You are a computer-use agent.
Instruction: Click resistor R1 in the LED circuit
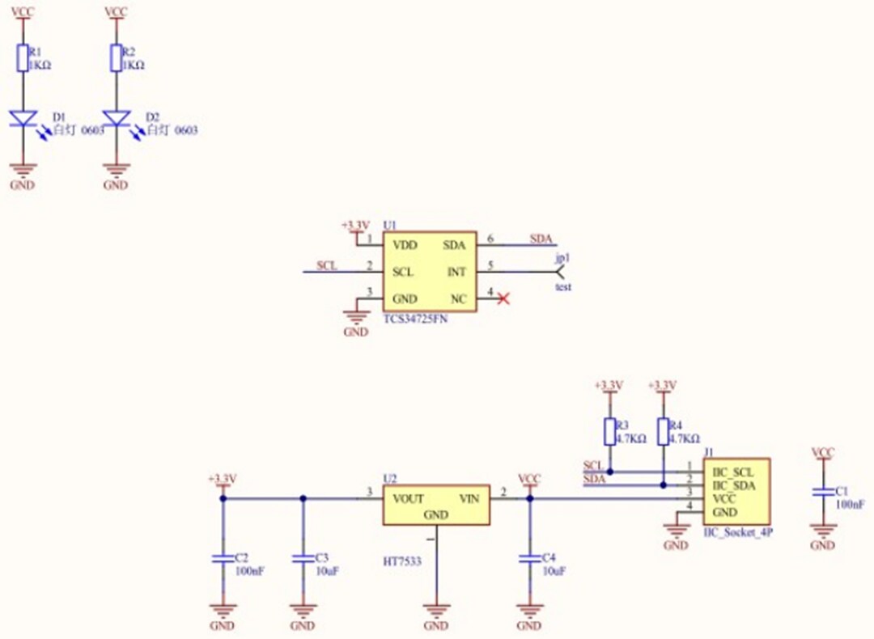pyautogui.click(x=23, y=59)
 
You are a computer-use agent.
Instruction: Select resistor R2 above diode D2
pyautogui.click(x=117, y=59)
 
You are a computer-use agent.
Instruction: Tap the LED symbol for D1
pyautogui.click(x=23, y=119)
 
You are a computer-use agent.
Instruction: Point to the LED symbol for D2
pyautogui.click(x=117, y=119)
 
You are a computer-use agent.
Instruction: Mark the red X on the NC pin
pyautogui.click(x=503, y=299)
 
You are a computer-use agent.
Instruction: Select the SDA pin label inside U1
pyautogui.click(x=454, y=243)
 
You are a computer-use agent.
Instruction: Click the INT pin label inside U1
pyautogui.click(x=456, y=272)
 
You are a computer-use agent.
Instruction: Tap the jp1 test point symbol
pyautogui.click(x=560, y=271)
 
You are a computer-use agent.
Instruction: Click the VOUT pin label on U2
pyautogui.click(x=408, y=498)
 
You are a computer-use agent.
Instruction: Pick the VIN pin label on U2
pyautogui.click(x=469, y=498)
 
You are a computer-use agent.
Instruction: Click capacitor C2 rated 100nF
pyautogui.click(x=222, y=559)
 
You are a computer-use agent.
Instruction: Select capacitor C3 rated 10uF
pyautogui.click(x=303, y=559)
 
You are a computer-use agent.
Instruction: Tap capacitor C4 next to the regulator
pyautogui.click(x=529, y=559)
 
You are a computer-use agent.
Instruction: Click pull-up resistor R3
pyautogui.click(x=609, y=432)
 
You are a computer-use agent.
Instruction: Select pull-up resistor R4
pyautogui.click(x=663, y=432)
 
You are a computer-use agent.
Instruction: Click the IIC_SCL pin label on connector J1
pyautogui.click(x=732, y=471)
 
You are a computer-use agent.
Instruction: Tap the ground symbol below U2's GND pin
pyautogui.click(x=435, y=611)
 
